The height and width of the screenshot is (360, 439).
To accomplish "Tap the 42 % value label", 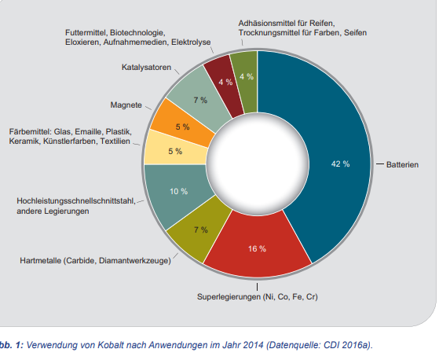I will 340,164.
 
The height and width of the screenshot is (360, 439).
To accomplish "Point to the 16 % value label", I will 257,249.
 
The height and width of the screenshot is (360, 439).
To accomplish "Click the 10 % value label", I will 178,191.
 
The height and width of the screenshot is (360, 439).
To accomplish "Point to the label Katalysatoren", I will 146,68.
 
